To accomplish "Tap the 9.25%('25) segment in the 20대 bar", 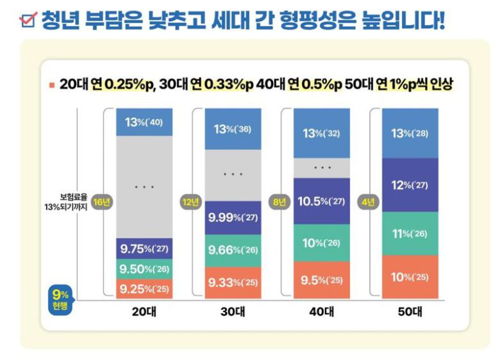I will (144, 289).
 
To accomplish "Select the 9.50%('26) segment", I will (144, 269).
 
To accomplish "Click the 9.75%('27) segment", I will (144, 249).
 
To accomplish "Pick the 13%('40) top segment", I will (144, 122).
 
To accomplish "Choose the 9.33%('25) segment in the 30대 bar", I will (233, 282).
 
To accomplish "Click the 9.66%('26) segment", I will (233, 250).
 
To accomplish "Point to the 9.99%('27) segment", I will (233, 218).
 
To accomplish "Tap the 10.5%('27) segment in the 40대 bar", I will (322, 201).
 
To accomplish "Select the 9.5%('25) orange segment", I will (322, 280).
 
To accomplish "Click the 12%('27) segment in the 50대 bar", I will (410, 185).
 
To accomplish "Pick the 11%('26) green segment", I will (410, 234).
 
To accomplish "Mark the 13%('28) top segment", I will (410, 133).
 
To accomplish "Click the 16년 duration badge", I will (101, 201).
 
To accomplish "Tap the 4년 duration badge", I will (369, 201).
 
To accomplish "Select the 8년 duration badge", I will (280, 201).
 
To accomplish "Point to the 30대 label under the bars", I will (233, 313).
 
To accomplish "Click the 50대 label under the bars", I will (410, 313).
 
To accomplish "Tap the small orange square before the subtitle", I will (51, 85).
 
